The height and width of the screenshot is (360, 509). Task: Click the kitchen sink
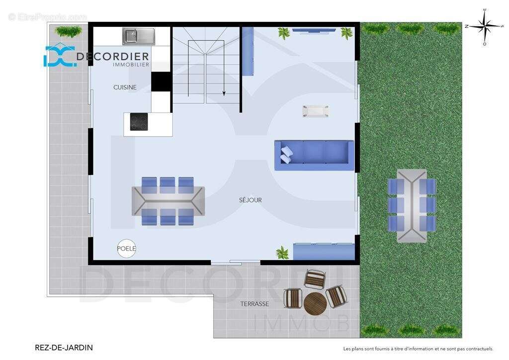click(x=139, y=36)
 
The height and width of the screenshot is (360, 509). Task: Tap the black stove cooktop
click(x=139, y=122)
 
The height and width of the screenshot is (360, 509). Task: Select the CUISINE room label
click(x=125, y=87)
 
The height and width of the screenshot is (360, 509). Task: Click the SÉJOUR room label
click(x=250, y=200)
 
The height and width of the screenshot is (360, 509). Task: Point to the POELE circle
click(x=126, y=248)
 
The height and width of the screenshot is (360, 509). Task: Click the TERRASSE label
click(x=254, y=303)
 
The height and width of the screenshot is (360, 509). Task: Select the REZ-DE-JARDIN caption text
click(x=64, y=348)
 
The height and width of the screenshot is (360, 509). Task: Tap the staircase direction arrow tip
click(x=224, y=93)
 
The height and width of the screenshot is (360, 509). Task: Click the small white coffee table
click(x=316, y=111)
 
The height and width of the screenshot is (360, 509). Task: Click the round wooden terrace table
click(x=314, y=303)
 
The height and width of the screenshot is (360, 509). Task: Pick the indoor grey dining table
click(x=168, y=200)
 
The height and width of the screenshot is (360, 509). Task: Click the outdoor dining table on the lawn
click(x=412, y=205)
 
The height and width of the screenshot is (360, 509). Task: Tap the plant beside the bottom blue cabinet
click(x=282, y=252)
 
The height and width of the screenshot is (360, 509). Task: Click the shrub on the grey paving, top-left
click(x=69, y=31)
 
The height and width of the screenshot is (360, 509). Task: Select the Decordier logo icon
click(x=59, y=57)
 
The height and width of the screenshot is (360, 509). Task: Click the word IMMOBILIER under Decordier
click(x=131, y=65)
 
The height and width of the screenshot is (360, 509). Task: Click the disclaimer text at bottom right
click(x=418, y=349)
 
